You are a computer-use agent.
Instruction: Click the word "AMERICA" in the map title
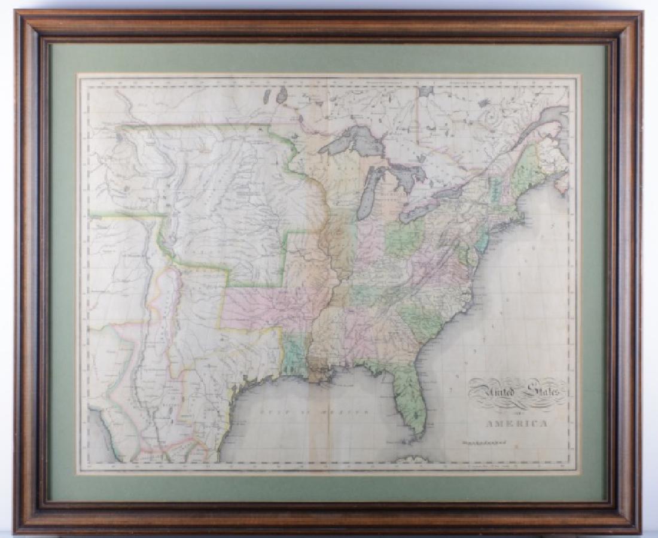tap(516, 424)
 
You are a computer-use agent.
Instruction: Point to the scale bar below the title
tap(484, 443)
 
